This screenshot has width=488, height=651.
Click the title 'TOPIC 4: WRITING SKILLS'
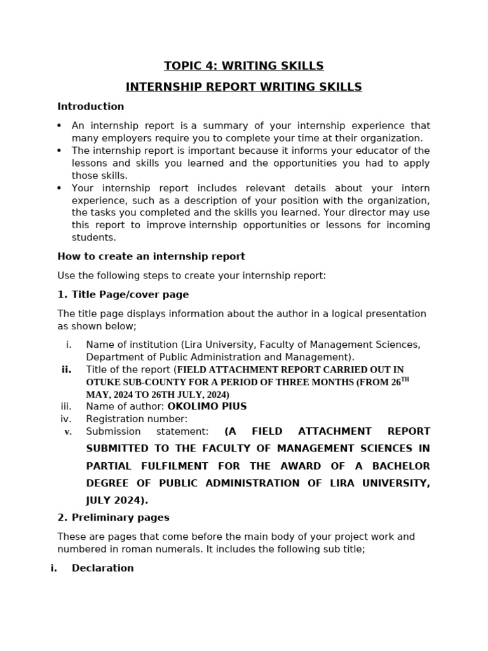click(243, 66)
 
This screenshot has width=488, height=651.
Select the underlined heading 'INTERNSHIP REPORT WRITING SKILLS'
click(243, 87)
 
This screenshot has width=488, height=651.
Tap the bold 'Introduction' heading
click(91, 107)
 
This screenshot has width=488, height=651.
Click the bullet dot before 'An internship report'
click(60, 126)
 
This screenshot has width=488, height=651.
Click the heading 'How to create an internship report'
click(151, 257)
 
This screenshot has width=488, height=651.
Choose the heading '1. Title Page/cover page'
click(123, 295)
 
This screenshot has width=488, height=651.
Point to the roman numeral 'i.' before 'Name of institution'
click(69, 345)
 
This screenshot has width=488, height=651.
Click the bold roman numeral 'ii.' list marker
click(67, 370)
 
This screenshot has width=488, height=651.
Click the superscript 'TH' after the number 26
click(405, 380)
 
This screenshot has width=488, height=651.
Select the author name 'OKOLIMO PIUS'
click(207, 407)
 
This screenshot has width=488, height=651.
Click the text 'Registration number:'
click(137, 419)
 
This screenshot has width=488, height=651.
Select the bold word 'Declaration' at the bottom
click(103, 568)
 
